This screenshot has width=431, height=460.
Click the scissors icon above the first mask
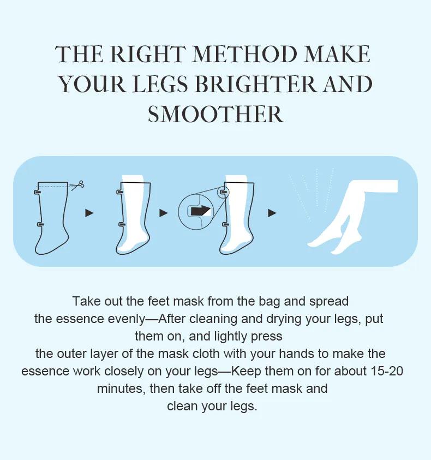[x=78, y=185]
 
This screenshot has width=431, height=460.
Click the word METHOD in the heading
[x=244, y=54]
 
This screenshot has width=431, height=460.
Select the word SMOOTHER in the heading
[x=215, y=115]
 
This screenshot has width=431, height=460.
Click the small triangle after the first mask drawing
[x=89, y=213]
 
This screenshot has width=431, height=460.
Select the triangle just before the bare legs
[x=272, y=213]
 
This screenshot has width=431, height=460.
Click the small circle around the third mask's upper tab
[x=223, y=192]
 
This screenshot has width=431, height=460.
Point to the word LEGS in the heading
[x=160, y=84]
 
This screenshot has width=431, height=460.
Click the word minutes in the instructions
[x=121, y=389]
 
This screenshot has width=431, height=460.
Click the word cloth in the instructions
[x=206, y=354]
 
